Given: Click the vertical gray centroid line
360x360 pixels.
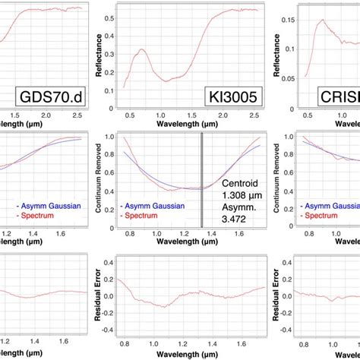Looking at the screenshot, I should tap(202, 179).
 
